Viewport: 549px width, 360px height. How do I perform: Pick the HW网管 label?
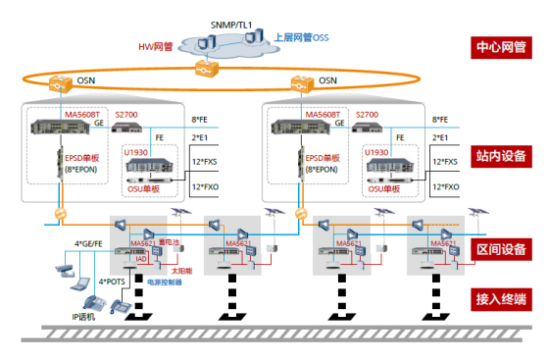point(158,46)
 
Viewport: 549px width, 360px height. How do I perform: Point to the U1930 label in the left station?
point(135,153)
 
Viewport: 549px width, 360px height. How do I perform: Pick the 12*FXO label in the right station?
point(446,186)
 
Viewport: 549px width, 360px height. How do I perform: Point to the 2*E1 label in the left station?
point(204,138)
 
